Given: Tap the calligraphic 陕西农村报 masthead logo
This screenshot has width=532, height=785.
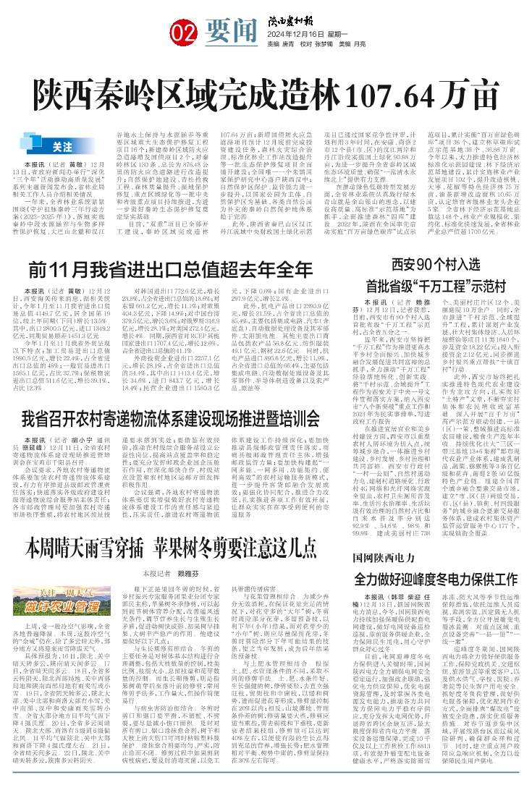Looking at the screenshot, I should click(291, 11).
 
